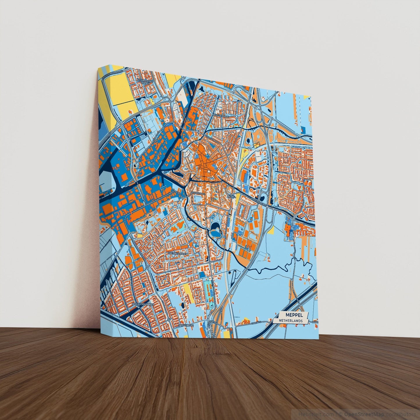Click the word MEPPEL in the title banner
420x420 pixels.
(294, 315)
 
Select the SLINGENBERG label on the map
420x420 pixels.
(186, 325)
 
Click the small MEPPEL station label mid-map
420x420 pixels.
(231, 196)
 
